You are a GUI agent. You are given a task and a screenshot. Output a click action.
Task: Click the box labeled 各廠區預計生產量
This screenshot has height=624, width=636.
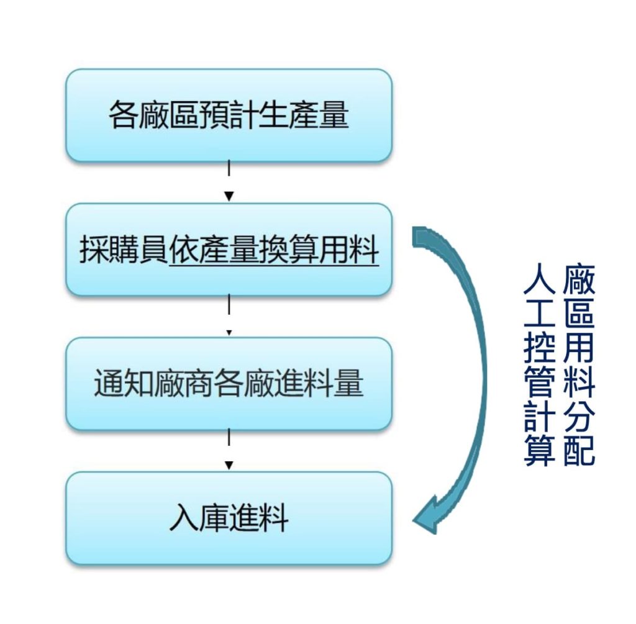pyautogui.click(x=229, y=115)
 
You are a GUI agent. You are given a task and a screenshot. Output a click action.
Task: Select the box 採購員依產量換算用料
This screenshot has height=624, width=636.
pyautogui.click(x=229, y=250)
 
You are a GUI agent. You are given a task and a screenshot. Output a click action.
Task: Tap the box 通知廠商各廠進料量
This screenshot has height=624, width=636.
pyautogui.click(x=229, y=384)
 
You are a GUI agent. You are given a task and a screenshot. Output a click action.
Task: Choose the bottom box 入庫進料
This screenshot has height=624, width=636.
pyautogui.click(x=229, y=518)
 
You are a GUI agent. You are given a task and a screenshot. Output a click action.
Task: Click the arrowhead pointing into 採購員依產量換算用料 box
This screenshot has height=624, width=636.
pyautogui.click(x=229, y=197)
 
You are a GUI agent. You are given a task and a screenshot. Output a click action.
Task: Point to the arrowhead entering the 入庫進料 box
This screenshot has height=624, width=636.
pyautogui.click(x=229, y=466)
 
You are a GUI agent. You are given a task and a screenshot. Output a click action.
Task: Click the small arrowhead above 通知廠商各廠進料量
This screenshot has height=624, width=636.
pyautogui.click(x=229, y=333)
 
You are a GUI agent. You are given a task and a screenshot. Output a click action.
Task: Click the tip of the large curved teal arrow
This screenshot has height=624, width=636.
pyautogui.click(x=413, y=520)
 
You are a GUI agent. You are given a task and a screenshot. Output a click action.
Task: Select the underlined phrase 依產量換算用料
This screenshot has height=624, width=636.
pyautogui.click(x=274, y=250)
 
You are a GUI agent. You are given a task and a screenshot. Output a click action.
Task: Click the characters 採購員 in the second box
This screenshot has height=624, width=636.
pyautogui.click(x=124, y=250)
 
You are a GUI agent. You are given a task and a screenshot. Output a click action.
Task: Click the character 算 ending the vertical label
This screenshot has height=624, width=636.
pyautogui.click(x=539, y=450)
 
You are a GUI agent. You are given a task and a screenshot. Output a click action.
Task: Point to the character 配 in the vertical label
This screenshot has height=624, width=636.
pyautogui.click(x=579, y=450)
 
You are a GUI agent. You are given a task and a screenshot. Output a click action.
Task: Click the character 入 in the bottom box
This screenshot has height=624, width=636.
pyautogui.click(x=184, y=517)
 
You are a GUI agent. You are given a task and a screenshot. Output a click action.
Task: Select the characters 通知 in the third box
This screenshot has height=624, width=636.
pyautogui.click(x=124, y=383)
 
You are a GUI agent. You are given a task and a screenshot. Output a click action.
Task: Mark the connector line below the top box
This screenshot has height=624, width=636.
pyautogui.click(x=229, y=168)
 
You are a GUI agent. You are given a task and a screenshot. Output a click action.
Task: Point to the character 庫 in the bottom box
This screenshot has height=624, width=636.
pyautogui.click(x=214, y=517)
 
